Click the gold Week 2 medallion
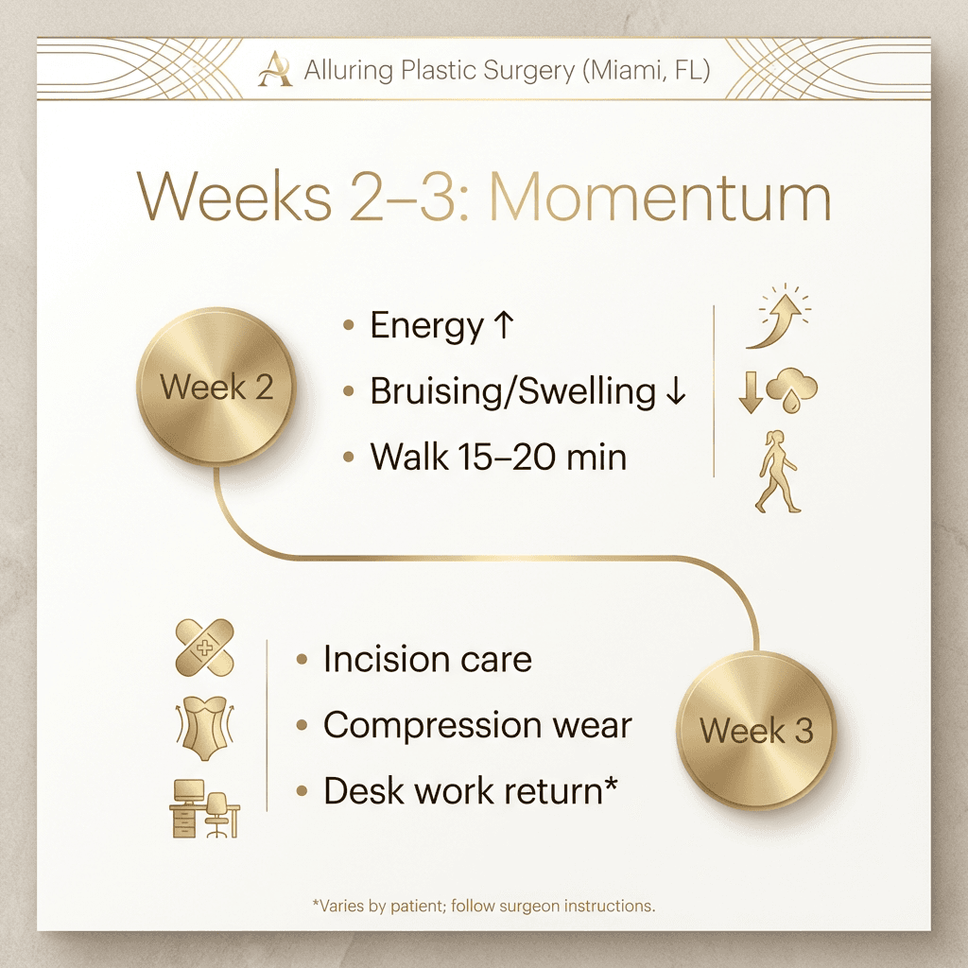pyautogui.click(x=216, y=387)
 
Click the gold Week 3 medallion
pyautogui.click(x=756, y=730)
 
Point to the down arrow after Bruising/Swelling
pyautogui.click(x=674, y=391)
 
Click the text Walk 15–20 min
pyautogui.click(x=498, y=458)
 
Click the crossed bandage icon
pyautogui.click(x=205, y=648)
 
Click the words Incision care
pyautogui.click(x=427, y=659)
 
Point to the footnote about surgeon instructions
pyautogui.click(x=483, y=906)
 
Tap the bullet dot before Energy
pyautogui.click(x=349, y=325)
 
